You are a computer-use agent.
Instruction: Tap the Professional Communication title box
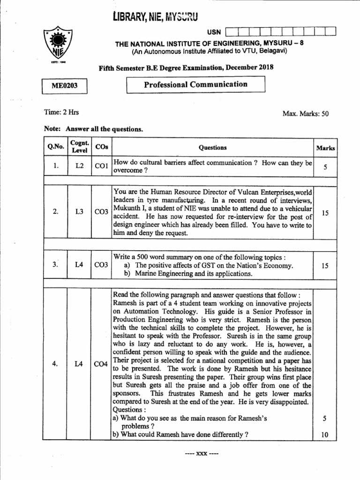click(196, 84)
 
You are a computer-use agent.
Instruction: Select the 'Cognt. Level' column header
click(78, 147)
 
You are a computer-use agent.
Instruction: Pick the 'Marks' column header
click(325, 148)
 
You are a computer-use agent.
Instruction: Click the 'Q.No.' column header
click(55, 147)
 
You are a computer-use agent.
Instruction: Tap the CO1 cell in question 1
click(101, 166)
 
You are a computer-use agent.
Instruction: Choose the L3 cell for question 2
click(79, 212)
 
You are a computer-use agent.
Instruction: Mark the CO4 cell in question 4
click(101, 364)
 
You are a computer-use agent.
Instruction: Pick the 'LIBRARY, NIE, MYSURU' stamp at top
click(156, 17)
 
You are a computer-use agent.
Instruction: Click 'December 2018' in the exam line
click(249, 67)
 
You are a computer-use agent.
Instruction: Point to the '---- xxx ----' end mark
click(199, 454)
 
